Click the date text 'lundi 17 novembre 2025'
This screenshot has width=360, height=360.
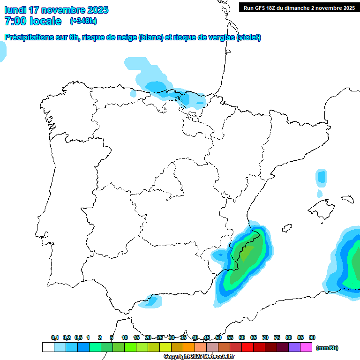click(x=56, y=10)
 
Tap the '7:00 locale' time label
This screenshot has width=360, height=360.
click(x=32, y=21)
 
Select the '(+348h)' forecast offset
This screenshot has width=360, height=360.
click(x=83, y=21)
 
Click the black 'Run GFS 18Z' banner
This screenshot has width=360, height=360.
click(x=299, y=7)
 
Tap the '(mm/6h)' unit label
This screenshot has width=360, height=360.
click(x=327, y=348)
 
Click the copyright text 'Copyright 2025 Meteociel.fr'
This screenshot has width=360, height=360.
click(x=199, y=357)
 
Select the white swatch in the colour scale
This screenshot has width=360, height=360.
click(x=48, y=347)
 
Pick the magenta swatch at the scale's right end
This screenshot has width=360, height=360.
click(x=306, y=347)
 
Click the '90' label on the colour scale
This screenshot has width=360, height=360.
click(x=312, y=337)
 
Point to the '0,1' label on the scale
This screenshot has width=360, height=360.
click(x=55, y=337)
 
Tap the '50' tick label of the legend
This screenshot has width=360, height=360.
click(x=218, y=337)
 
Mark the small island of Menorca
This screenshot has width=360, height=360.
click(x=347, y=199)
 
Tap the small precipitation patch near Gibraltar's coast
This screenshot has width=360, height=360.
click(x=151, y=300)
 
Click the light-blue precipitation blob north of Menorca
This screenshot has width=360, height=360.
click(x=321, y=177)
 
